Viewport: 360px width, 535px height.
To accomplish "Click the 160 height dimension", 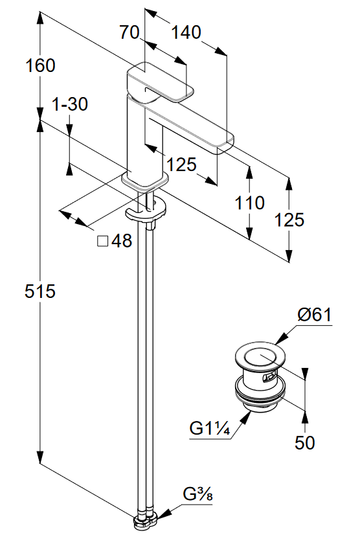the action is click(x=40, y=65).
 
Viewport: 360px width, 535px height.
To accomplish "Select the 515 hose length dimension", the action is click(x=40, y=291).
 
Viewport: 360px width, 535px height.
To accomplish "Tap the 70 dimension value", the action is click(x=129, y=32).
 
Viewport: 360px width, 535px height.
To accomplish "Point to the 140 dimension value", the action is click(x=186, y=32).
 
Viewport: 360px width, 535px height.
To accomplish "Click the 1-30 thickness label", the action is click(x=70, y=104).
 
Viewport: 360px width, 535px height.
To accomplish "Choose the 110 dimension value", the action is click(x=249, y=203).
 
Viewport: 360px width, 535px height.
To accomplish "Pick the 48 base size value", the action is click(x=122, y=241).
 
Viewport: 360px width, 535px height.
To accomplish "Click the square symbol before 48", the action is click(x=103, y=241).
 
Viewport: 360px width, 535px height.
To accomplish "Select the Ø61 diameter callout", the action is click(x=314, y=314).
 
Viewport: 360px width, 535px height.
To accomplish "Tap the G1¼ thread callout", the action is click(x=210, y=428).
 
